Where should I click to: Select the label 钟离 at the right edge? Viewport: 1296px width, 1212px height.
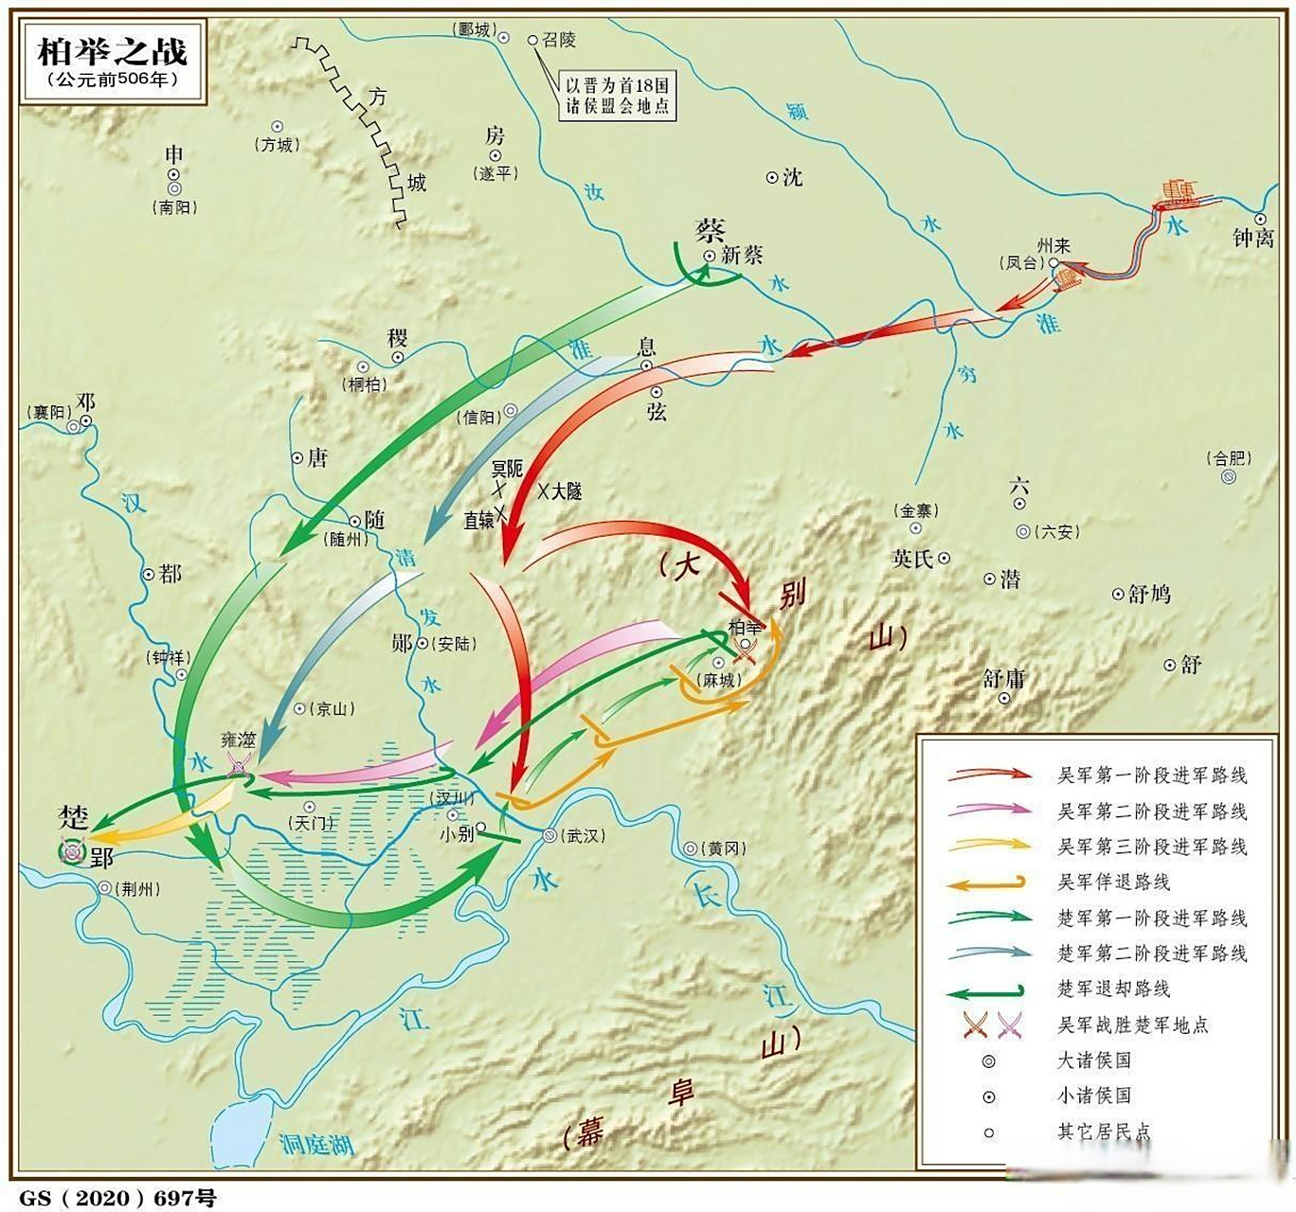1252,238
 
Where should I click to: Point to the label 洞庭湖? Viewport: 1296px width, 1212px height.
316,1145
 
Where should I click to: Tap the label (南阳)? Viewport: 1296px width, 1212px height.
174,206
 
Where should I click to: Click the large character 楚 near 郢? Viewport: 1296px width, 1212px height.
73,817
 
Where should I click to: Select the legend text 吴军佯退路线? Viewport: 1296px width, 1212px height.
1113,882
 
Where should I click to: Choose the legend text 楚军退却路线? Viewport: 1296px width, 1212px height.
1113,989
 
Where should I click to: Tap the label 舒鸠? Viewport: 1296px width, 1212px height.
1148,595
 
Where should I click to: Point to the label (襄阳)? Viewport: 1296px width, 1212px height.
47,412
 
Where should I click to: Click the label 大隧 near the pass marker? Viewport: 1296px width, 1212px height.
567,491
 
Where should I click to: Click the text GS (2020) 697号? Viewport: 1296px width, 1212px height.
117,1198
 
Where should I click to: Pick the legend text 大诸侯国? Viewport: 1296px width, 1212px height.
1094,1060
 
